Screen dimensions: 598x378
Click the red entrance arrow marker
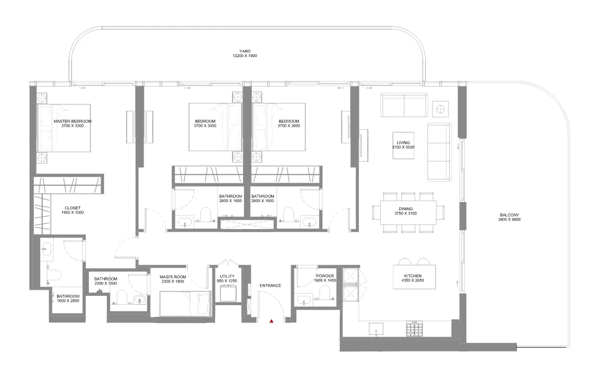point(271,321)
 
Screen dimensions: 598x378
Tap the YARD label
point(245,51)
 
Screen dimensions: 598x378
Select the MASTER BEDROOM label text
point(73,122)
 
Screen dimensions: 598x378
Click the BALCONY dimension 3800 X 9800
point(509,220)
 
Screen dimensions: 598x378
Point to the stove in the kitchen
point(415,329)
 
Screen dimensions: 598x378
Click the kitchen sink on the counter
point(376,329)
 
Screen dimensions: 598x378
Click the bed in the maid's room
point(185,304)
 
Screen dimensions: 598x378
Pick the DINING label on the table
point(405,209)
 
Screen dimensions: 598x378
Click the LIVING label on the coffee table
point(403,143)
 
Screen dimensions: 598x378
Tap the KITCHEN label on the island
point(413,276)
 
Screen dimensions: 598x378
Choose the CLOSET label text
point(73,208)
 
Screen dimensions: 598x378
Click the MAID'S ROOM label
point(173,277)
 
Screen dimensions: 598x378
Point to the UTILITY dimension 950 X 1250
point(227,281)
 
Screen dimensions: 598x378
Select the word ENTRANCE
point(270,285)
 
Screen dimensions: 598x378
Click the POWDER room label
point(325,276)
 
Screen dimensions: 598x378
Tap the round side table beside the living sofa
point(440,109)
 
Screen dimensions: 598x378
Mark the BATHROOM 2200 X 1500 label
point(106,281)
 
